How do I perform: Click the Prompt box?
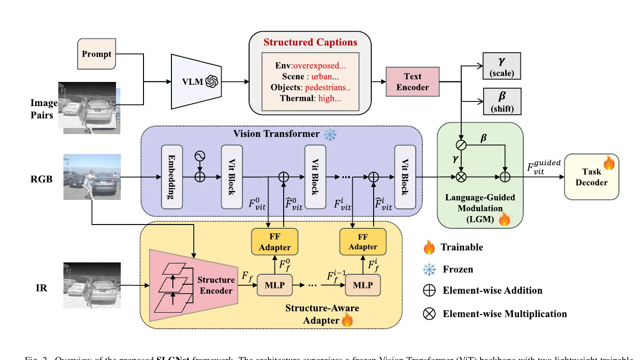click(96, 54)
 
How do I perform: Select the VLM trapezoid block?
click(195, 81)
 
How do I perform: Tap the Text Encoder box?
click(412, 81)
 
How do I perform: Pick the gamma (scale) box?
click(502, 66)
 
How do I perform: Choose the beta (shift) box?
click(502, 101)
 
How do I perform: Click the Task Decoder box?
click(591, 177)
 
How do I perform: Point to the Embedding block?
click(172, 177)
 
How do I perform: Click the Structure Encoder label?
click(216, 285)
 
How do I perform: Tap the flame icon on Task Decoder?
click(608, 164)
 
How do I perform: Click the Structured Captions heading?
click(310, 42)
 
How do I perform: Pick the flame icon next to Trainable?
click(429, 247)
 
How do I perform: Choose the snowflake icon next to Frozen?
click(429, 269)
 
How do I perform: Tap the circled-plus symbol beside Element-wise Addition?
click(429, 290)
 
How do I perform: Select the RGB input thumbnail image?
click(92, 177)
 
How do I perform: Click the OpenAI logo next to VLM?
click(211, 81)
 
